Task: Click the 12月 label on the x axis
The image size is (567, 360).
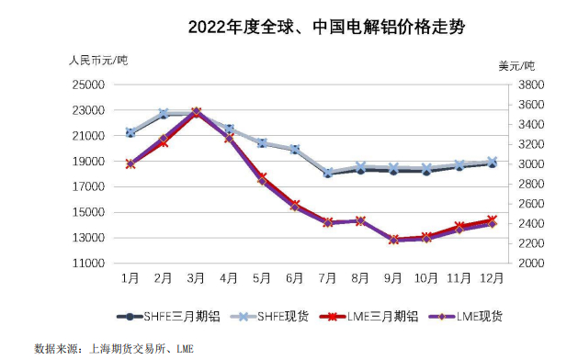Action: pyautogui.click(x=491, y=276)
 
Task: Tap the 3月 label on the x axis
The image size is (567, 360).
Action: pyautogui.click(x=196, y=276)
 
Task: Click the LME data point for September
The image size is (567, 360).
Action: pyautogui.click(x=393, y=240)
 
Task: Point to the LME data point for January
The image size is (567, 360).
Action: pyautogui.click(x=130, y=163)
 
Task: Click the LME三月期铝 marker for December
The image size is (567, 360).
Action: pyautogui.click(x=492, y=219)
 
